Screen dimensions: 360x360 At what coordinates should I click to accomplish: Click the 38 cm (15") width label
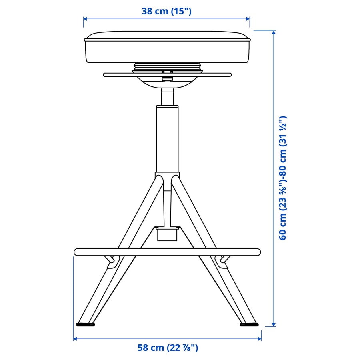pyautogui.click(x=166, y=11)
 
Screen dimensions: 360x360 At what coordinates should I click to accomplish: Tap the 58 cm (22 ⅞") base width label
pyautogui.click(x=168, y=348)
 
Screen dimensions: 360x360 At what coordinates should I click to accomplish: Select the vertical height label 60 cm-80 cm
pyautogui.click(x=283, y=178)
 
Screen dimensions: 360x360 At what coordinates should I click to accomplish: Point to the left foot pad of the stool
pyautogui.click(x=86, y=324)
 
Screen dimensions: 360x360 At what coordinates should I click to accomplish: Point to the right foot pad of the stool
pyautogui.click(x=249, y=324)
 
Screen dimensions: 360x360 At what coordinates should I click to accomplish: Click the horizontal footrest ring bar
pyautogui.click(x=167, y=252)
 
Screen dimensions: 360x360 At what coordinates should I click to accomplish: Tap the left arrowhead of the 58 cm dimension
pyautogui.click(x=76, y=339)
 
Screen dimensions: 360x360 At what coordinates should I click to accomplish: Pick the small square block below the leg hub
pyautogui.click(x=167, y=234)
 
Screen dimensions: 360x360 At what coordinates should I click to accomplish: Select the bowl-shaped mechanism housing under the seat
pyautogui.click(x=167, y=82)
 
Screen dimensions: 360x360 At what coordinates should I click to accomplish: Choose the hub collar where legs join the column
pyautogui.click(x=167, y=177)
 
